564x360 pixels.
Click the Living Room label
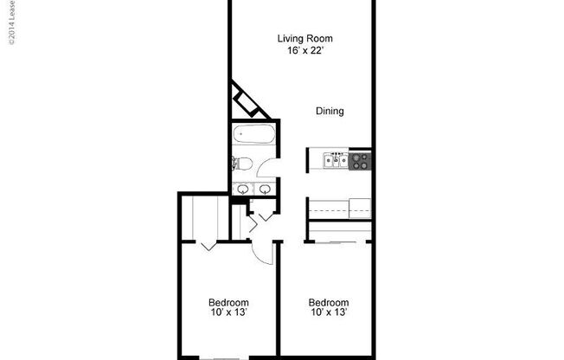click(x=304, y=38)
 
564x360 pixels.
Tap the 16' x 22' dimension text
click(x=304, y=50)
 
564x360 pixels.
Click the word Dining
click(x=330, y=111)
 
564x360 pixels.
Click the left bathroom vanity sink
click(x=242, y=189)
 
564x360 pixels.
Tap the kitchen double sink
click(x=336, y=160)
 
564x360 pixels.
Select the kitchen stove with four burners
click(x=360, y=160)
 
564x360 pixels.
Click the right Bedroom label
click(x=330, y=303)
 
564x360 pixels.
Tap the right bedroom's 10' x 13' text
click(x=330, y=313)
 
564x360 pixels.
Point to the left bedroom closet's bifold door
click(x=208, y=246)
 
